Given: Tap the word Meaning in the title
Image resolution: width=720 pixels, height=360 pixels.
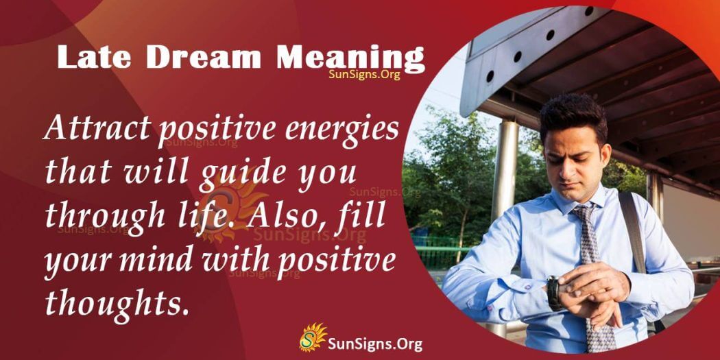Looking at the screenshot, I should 350,59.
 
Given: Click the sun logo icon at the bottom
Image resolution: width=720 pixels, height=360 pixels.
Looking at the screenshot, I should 313,338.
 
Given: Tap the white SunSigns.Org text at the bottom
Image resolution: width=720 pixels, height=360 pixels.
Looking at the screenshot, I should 375,343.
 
